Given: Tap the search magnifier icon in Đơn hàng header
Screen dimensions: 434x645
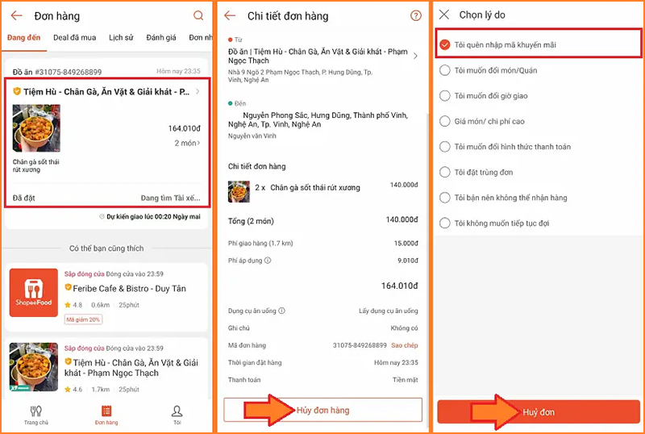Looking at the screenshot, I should tap(198, 16).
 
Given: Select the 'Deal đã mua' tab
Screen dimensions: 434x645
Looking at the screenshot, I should tap(74, 38).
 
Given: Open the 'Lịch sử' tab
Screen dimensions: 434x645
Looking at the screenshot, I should tap(121, 38).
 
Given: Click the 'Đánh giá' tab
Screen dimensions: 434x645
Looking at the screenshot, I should tap(161, 38).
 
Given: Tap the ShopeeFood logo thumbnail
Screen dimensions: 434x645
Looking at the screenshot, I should tap(34, 293).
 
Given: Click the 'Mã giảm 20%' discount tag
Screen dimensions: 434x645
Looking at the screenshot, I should tap(83, 319).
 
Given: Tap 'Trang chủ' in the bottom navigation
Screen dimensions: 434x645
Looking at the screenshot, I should tap(35, 415).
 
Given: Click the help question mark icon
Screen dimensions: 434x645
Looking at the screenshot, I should tap(416, 16).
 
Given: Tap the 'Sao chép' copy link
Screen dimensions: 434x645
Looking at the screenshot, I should tap(405, 345).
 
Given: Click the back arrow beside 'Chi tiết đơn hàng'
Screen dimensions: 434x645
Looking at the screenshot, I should tap(230, 16).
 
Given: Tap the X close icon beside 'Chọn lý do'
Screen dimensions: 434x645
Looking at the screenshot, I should tap(444, 15).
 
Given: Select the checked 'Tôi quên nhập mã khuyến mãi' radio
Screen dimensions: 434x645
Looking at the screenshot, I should tap(445, 44).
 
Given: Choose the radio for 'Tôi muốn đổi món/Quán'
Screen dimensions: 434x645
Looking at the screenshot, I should tap(445, 70).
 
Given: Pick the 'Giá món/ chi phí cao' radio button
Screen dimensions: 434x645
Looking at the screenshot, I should tap(445, 121).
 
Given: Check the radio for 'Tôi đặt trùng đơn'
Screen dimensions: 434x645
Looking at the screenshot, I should tap(445, 172).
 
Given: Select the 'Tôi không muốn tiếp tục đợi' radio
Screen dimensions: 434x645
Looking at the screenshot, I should tap(445, 223).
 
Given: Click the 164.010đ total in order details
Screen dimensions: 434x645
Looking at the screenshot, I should tap(399, 286).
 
